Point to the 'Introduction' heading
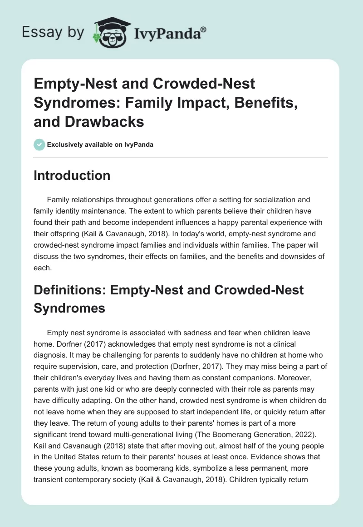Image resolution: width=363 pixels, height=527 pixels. click(x=72, y=175)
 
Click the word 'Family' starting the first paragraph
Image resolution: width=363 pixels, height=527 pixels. click(x=58, y=199)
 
